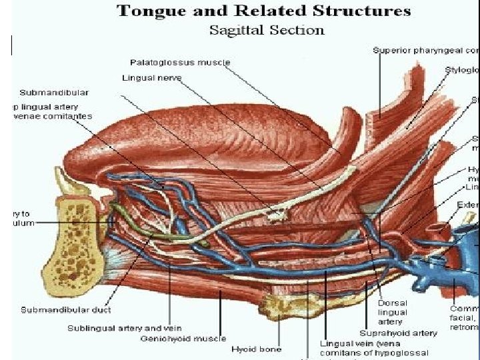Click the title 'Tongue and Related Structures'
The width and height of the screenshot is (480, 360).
click(x=263, y=11)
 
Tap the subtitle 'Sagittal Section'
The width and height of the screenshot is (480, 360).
click(x=267, y=30)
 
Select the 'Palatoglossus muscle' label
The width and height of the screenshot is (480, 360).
click(x=180, y=62)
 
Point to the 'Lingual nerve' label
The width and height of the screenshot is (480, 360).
click(x=151, y=77)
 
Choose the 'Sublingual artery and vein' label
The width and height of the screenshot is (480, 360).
click(x=114, y=328)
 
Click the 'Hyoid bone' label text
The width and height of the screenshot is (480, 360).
click(x=257, y=349)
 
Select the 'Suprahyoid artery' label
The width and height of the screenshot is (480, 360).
click(x=398, y=333)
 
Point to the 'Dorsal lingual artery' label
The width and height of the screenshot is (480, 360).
click(x=393, y=312)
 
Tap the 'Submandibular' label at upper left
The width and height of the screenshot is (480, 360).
click(x=54, y=92)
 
